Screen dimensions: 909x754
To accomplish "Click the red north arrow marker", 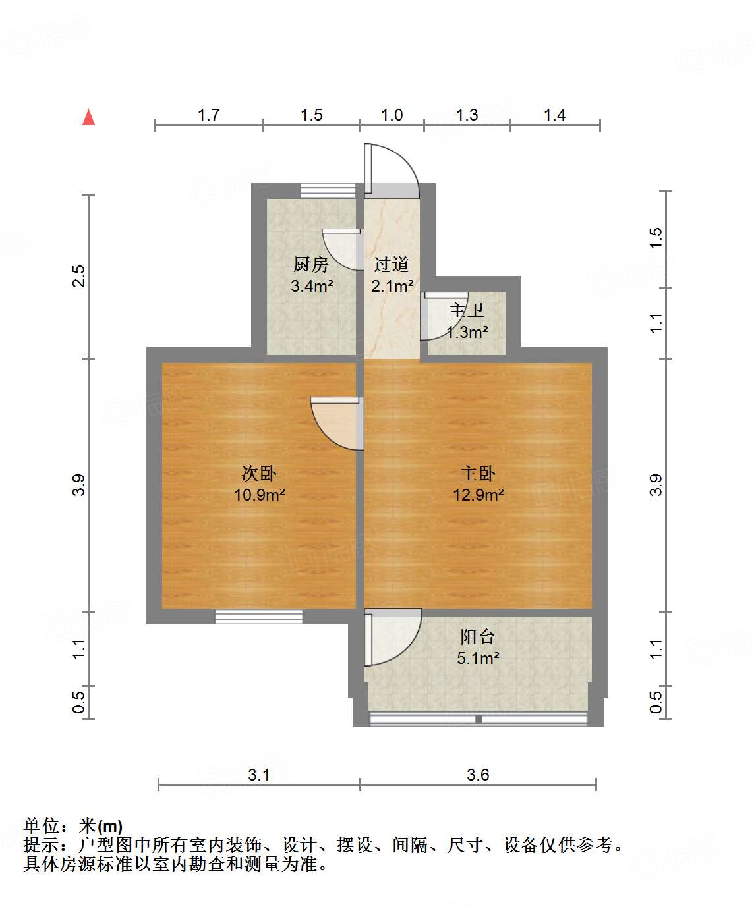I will point(88,118).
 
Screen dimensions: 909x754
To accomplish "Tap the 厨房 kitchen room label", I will point(310,265).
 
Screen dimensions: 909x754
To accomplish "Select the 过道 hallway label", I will point(391,265).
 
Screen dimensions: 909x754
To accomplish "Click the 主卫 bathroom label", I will point(467,310).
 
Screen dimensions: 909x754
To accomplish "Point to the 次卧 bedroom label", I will point(259,473).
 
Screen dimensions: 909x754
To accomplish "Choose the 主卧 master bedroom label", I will point(477,473).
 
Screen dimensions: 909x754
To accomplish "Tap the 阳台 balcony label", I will point(477,636).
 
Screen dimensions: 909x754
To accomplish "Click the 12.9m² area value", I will point(478,494).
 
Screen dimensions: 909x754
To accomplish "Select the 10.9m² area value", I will point(259,494).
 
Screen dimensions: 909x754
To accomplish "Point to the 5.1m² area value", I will point(478,657).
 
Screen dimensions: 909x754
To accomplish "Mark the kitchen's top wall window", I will point(328,190).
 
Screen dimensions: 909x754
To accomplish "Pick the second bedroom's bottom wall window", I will point(259,617).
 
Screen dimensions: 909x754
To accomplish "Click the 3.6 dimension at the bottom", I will point(478,775).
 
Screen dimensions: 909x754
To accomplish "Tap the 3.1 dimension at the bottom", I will point(259,775).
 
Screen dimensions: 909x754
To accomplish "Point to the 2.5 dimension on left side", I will point(79,275).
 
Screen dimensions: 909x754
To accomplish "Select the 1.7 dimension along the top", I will point(208,115).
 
